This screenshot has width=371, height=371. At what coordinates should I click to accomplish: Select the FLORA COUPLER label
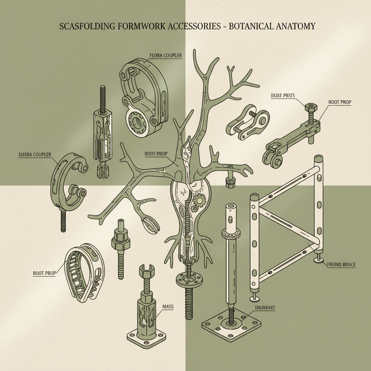coord(166,55)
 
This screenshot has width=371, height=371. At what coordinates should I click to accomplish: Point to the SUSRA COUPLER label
coord(35,155)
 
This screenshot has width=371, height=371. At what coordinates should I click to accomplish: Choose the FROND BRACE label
coord(341,265)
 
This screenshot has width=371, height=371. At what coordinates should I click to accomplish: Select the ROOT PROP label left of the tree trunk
coord(156,154)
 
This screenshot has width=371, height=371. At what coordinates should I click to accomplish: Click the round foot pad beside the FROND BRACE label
coord(318,260)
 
